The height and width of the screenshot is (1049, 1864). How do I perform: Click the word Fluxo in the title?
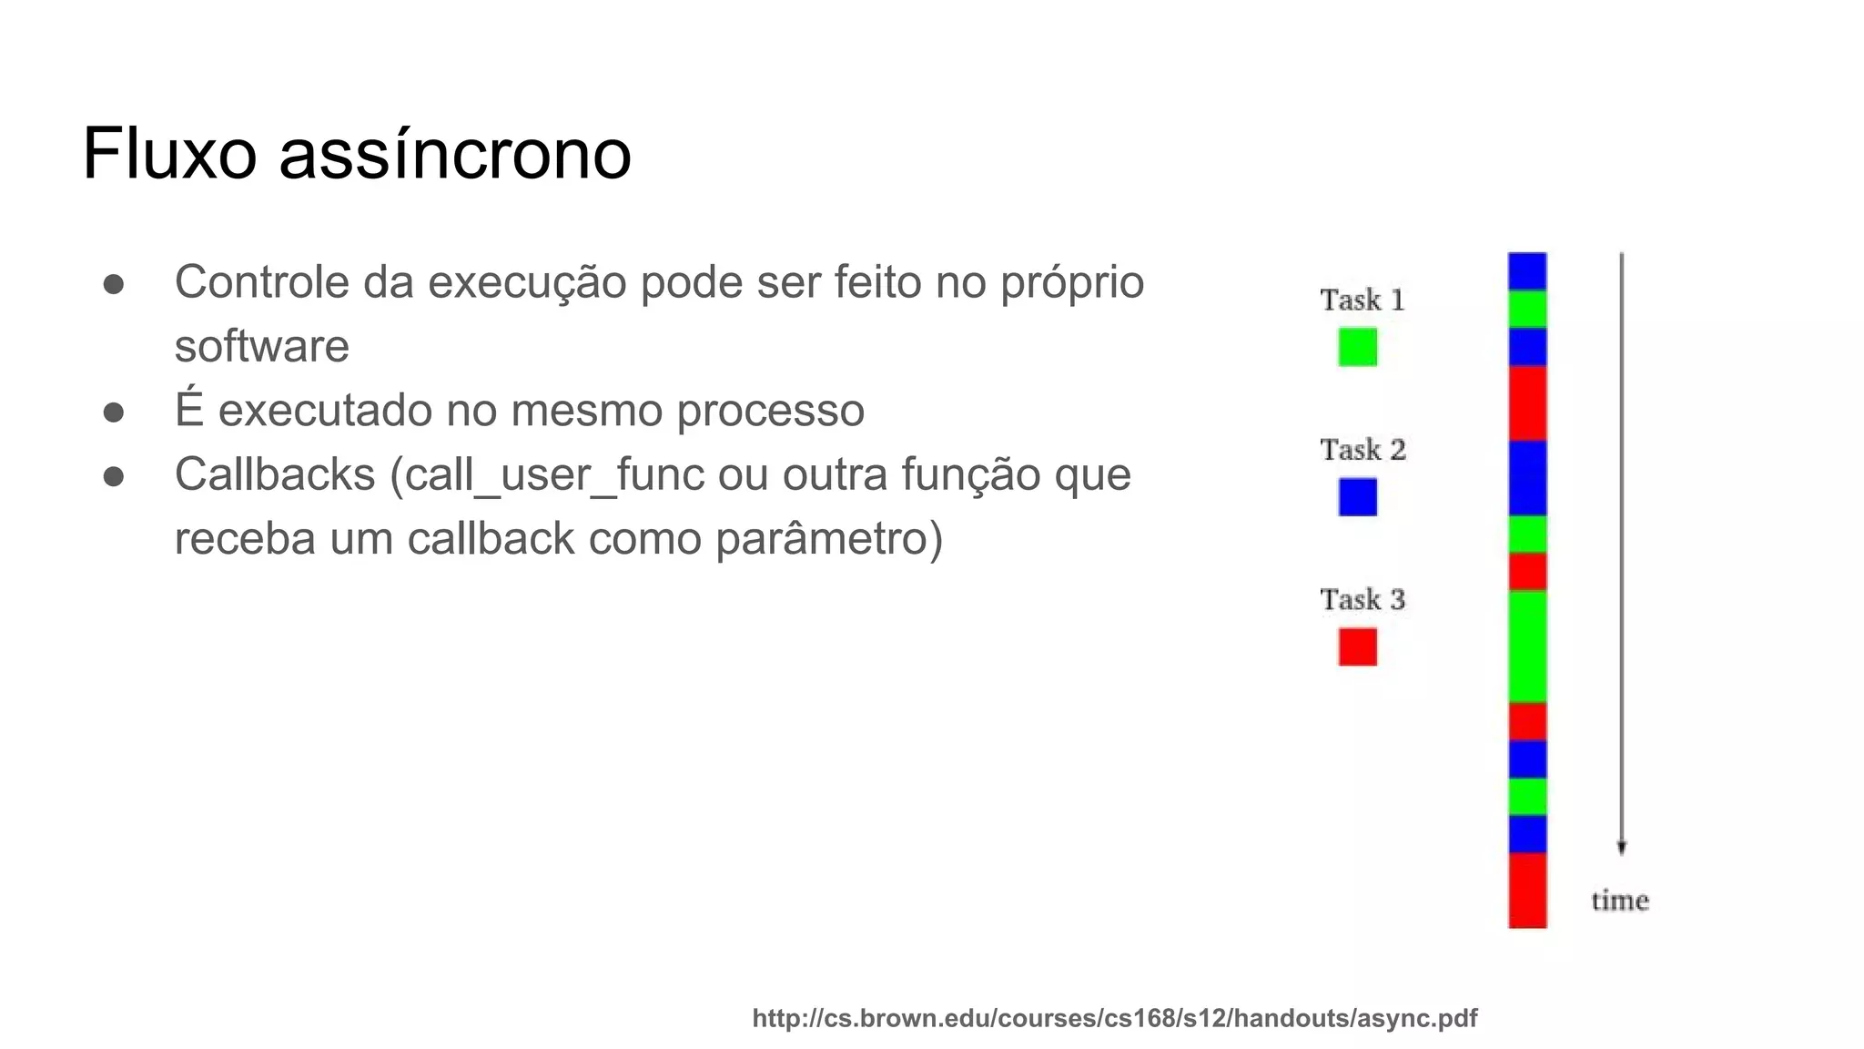169,154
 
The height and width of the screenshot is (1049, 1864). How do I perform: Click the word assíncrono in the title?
454,154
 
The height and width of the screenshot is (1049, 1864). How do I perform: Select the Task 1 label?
1363,300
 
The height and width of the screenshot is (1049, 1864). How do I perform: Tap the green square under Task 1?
1357,347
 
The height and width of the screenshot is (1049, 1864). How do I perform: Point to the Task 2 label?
1363,449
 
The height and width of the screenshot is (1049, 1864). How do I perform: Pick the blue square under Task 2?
1357,497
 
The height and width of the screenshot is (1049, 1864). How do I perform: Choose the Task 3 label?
1363,599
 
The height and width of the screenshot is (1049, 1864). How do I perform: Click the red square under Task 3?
1357,647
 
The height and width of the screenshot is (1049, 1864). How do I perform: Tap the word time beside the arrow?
1620,901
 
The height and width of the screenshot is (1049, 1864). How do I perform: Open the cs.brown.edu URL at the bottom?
1114,1018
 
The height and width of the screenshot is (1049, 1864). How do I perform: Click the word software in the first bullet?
261,346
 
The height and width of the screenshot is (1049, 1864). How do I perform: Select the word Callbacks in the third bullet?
275,474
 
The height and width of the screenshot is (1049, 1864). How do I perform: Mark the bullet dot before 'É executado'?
114,412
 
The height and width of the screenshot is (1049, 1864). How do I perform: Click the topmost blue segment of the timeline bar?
1526,271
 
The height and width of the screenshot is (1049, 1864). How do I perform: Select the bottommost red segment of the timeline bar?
1526,890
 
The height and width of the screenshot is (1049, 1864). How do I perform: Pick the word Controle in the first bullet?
261,281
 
